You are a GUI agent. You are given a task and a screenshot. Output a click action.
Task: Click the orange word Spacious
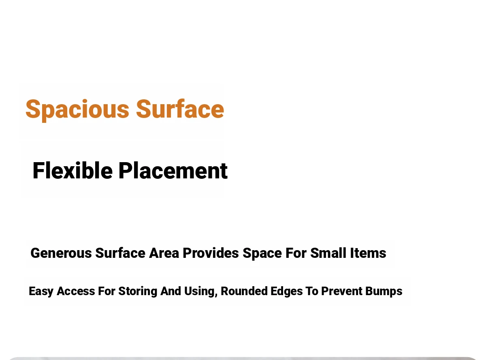77,110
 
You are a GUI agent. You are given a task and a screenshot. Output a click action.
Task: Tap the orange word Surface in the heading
180,109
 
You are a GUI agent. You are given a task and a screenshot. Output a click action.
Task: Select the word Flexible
72,171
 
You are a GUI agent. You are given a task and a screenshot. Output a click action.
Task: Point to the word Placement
173,171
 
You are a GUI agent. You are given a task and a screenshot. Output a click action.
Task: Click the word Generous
61,253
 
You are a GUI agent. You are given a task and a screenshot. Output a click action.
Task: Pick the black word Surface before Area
120,253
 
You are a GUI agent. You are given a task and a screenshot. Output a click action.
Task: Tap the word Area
164,253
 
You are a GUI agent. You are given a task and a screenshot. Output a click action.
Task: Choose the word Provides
211,253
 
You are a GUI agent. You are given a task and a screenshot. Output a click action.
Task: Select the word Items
368,253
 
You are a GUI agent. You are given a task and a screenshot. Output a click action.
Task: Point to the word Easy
41,291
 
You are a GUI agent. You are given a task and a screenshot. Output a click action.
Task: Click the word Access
76,291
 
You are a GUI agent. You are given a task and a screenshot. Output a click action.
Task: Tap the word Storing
138,291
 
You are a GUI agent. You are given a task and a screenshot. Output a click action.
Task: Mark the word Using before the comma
199,291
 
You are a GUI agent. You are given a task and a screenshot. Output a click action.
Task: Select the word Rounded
244,291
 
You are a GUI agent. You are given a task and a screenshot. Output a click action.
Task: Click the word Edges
287,291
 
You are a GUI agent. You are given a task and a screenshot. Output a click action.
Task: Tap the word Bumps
384,291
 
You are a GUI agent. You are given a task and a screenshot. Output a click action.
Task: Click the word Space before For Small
262,253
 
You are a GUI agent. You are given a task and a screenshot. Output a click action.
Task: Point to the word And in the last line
171,291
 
